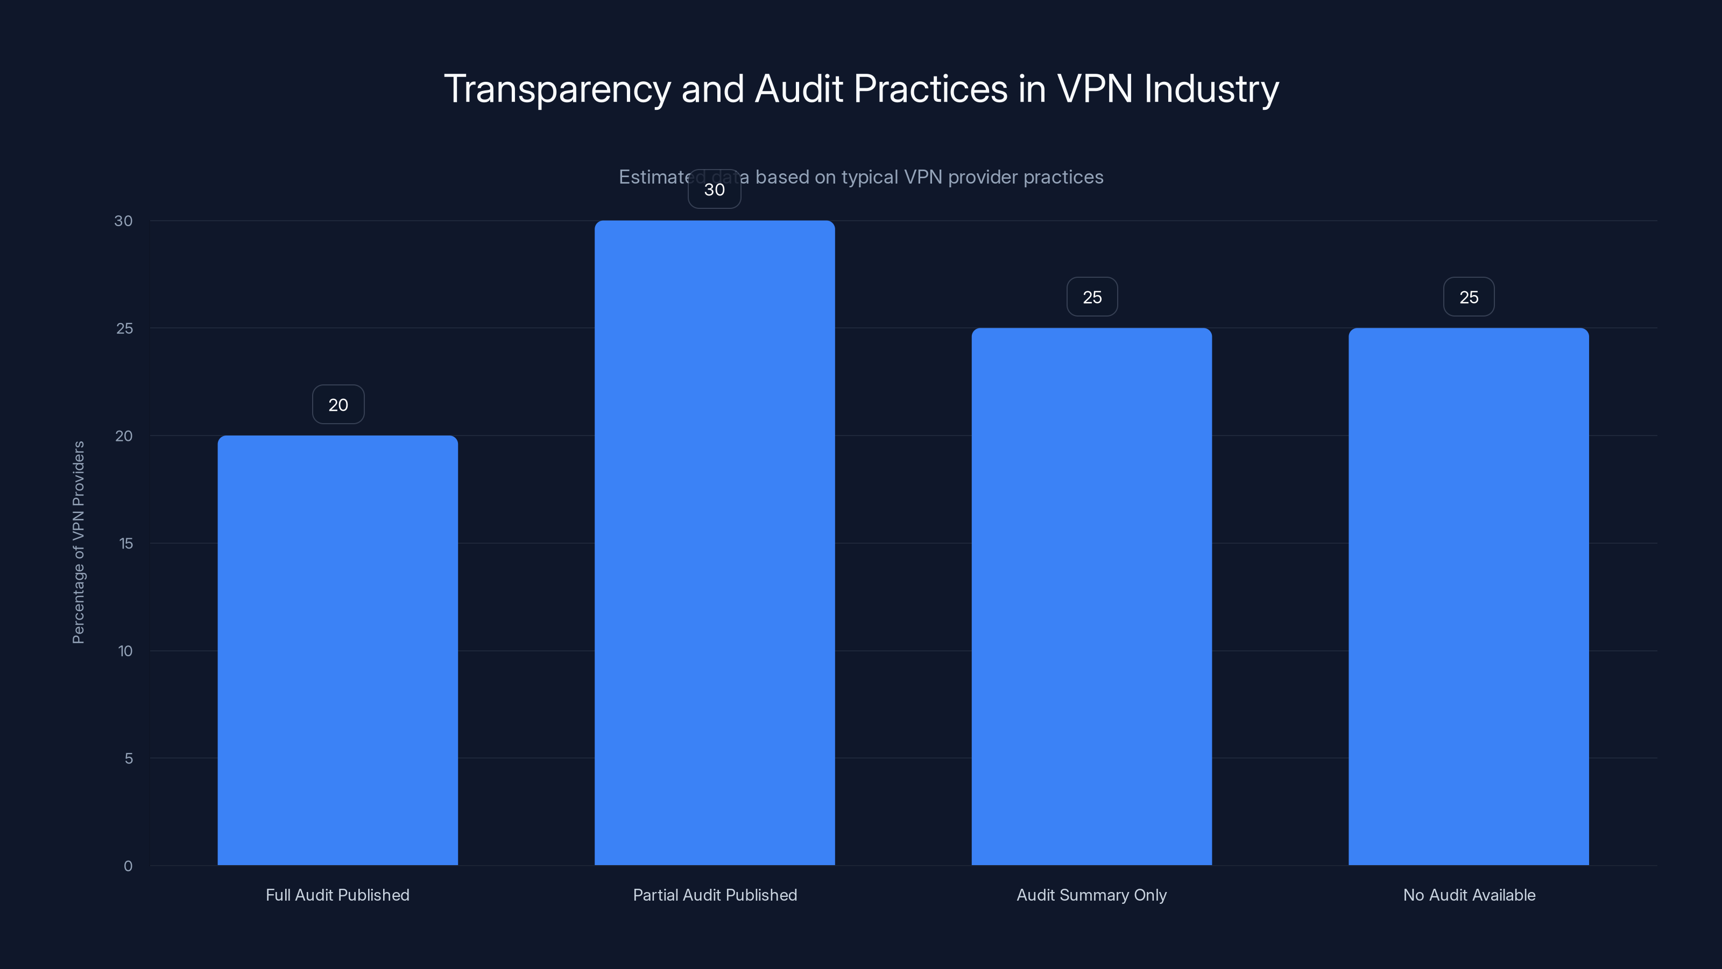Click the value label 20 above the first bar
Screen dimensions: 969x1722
338,405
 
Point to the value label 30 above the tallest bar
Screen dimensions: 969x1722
715,190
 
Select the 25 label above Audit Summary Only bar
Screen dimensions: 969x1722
1092,297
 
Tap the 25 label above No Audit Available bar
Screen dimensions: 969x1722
1469,297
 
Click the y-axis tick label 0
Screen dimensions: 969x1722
128,866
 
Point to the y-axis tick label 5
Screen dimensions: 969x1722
129,759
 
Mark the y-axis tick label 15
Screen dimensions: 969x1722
126,543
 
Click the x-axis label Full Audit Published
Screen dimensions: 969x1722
337,895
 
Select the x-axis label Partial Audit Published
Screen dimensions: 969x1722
715,895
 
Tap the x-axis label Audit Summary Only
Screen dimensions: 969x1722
1092,895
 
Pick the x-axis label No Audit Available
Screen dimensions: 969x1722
1469,895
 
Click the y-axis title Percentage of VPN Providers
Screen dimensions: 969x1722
78,542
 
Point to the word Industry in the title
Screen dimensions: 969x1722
1211,89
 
